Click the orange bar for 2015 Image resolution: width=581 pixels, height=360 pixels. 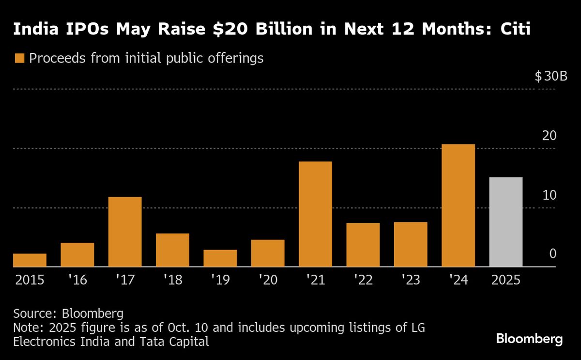pos(30,260)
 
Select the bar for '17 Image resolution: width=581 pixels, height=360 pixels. pos(125,232)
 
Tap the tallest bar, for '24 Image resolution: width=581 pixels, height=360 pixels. pos(458,205)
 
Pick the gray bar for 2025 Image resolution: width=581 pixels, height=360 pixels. pos(506,222)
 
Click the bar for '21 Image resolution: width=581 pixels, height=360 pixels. pos(315,214)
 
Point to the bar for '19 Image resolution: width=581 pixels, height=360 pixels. pos(220,258)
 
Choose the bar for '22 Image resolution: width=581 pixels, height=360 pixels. pos(363,245)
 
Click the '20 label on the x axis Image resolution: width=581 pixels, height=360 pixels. pos(268,281)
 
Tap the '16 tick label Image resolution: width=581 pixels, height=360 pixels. pos(77,281)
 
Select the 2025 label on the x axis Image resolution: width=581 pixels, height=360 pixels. pos(506,281)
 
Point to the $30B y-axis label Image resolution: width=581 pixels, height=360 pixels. pos(551,77)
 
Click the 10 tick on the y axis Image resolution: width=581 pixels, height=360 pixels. pos(549,195)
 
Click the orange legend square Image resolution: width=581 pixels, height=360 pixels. pos(19,59)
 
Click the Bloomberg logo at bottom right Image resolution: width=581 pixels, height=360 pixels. pos(529,339)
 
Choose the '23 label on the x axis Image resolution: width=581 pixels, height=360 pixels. pos(411,281)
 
